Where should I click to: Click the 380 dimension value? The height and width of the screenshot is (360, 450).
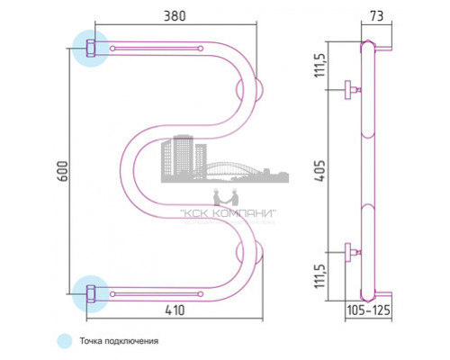click(x=175, y=16)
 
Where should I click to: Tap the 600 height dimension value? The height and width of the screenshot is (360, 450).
click(x=63, y=171)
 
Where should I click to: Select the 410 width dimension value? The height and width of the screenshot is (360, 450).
click(x=175, y=310)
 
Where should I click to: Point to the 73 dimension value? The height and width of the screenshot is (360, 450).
click(x=377, y=16)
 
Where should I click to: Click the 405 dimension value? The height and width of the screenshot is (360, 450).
click(x=320, y=171)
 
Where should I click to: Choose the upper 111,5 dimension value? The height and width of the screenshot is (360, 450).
click(x=320, y=66)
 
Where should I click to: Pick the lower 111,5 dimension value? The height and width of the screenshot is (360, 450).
click(x=320, y=276)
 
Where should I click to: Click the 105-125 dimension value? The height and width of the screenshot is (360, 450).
click(x=369, y=310)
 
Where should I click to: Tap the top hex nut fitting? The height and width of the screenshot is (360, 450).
click(x=91, y=48)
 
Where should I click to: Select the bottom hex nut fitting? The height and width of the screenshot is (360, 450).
click(x=91, y=293)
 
